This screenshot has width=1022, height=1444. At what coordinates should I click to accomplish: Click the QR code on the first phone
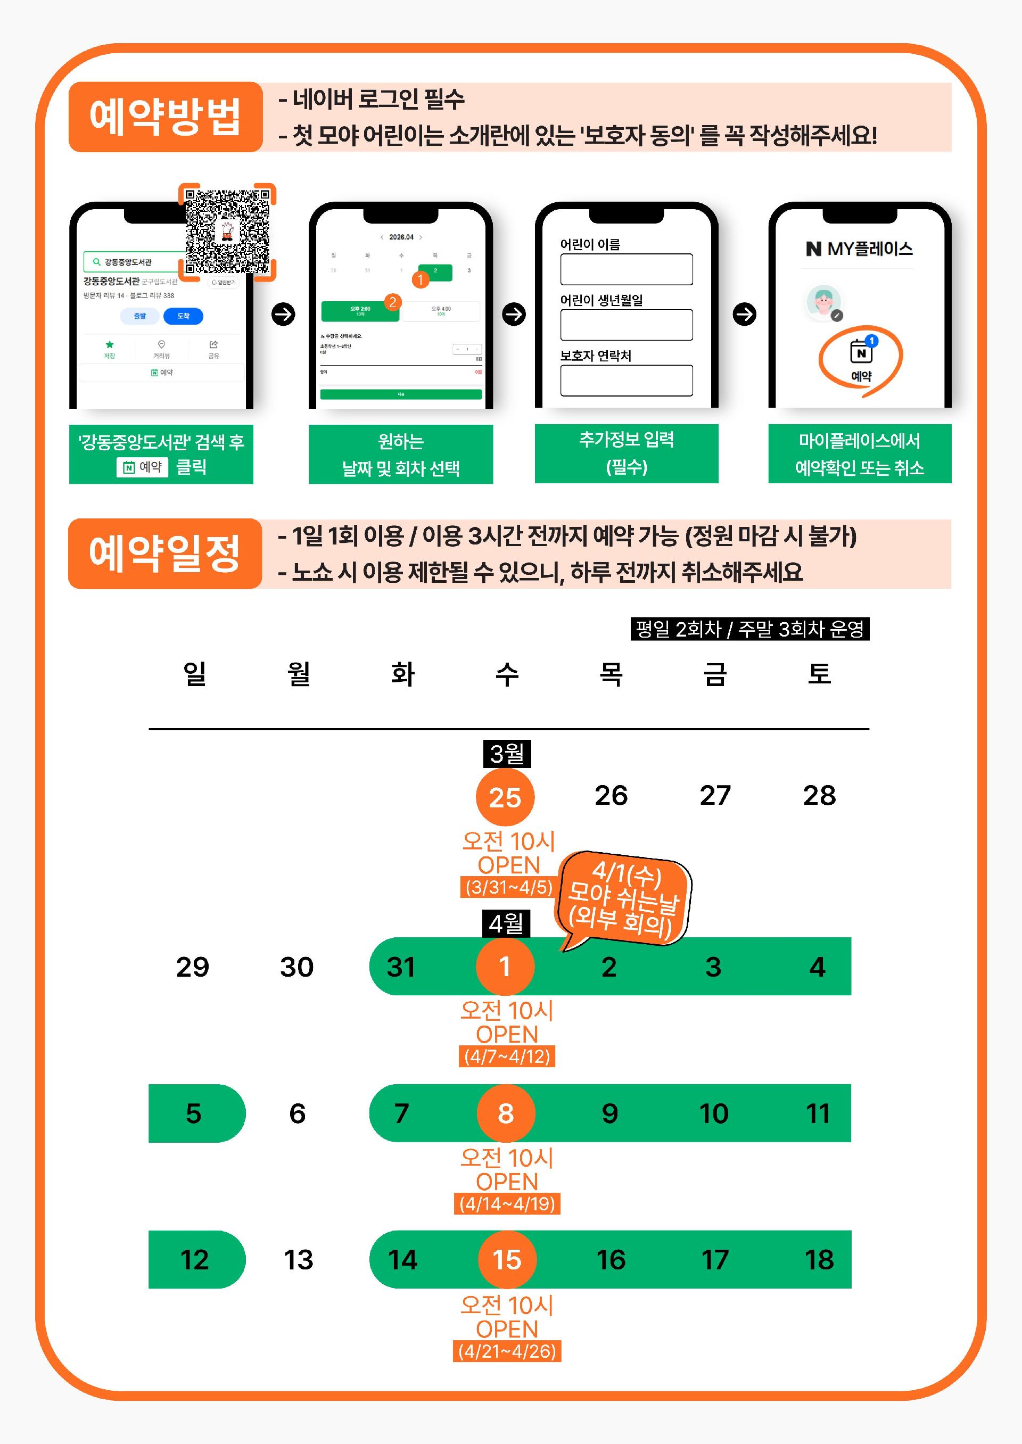[227, 232]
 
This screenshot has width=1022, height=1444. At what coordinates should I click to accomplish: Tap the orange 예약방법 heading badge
[166, 117]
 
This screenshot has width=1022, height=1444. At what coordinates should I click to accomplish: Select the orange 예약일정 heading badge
[165, 554]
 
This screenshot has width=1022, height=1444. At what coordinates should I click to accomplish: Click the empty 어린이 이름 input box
[626, 269]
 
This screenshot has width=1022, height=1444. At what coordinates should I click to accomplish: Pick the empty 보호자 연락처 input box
[626, 381]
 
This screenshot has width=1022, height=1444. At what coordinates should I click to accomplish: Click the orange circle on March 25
[505, 797]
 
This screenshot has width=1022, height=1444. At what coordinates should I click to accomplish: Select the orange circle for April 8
[505, 1113]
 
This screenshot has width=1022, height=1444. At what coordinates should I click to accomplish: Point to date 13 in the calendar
[298, 1260]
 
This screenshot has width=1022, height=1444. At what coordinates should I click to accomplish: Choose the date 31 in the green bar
[401, 967]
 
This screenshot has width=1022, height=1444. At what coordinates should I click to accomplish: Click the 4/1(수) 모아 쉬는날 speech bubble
[624, 898]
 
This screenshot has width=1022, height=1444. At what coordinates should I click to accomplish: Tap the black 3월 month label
[507, 754]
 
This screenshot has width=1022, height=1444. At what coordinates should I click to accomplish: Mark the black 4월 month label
[506, 923]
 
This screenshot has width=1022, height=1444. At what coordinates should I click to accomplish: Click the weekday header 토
[819, 674]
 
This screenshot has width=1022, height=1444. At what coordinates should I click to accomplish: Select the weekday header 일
[194, 674]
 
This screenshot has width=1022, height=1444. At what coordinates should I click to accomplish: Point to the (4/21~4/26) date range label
[507, 1351]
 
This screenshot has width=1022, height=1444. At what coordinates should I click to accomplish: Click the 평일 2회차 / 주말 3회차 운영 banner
[749, 629]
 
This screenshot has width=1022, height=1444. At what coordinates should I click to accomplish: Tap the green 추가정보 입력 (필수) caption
[626, 453]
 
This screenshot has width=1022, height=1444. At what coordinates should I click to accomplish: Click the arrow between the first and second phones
[283, 314]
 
